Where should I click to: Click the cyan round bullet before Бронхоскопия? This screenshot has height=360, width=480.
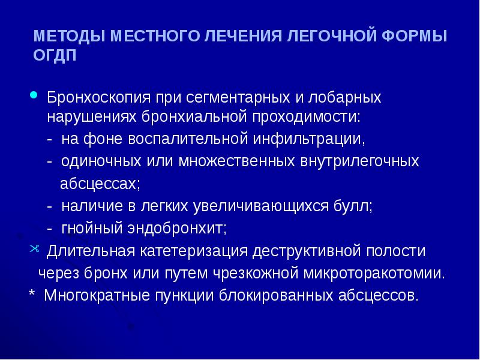(35, 94)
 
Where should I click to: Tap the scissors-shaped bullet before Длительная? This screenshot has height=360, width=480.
(34, 249)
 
